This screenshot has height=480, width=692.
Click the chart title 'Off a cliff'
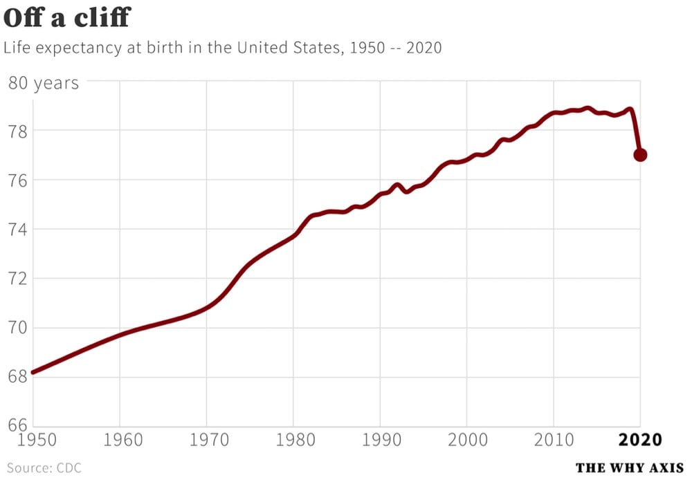click(66, 17)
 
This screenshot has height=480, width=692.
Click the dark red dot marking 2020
click(640, 155)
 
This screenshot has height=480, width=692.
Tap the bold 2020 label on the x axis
click(640, 440)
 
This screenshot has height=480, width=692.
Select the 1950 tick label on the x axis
click(33, 440)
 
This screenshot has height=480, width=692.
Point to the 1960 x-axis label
click(120, 440)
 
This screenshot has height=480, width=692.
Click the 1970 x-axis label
click(206, 440)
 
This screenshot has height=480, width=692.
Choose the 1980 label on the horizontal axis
click(293, 440)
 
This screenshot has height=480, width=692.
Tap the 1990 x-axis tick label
click(380, 440)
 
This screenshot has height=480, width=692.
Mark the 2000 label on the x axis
click(467, 440)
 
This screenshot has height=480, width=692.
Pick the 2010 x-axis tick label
click(554, 440)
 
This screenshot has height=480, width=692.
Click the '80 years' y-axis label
click(43, 84)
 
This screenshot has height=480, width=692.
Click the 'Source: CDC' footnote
click(44, 468)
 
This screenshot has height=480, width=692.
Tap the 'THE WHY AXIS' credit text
click(629, 468)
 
